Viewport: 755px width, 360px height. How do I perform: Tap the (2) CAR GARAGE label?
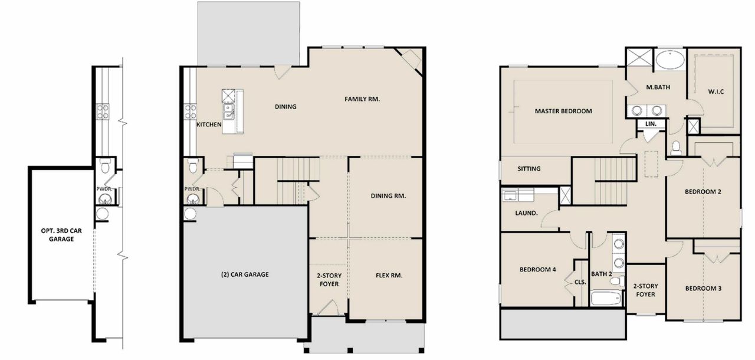(245, 274)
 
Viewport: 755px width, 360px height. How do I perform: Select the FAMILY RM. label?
(362, 99)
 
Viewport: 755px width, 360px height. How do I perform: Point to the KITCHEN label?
(209, 125)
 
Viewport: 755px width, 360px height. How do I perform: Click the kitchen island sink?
(228, 110)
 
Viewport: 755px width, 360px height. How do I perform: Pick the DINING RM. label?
(388, 196)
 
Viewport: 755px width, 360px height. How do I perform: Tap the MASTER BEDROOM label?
(563, 111)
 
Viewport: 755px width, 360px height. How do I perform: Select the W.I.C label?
(715, 91)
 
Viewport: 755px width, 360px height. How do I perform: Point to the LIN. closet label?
(651, 124)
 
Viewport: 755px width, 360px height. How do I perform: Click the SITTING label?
(528, 169)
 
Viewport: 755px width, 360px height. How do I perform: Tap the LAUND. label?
(527, 213)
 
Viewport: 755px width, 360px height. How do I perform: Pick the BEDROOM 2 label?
(703, 192)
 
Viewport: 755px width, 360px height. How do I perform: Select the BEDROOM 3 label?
(703, 289)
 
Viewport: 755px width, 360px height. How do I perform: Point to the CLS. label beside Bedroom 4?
(580, 282)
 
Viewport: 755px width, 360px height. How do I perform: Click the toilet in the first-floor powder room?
(192, 166)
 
